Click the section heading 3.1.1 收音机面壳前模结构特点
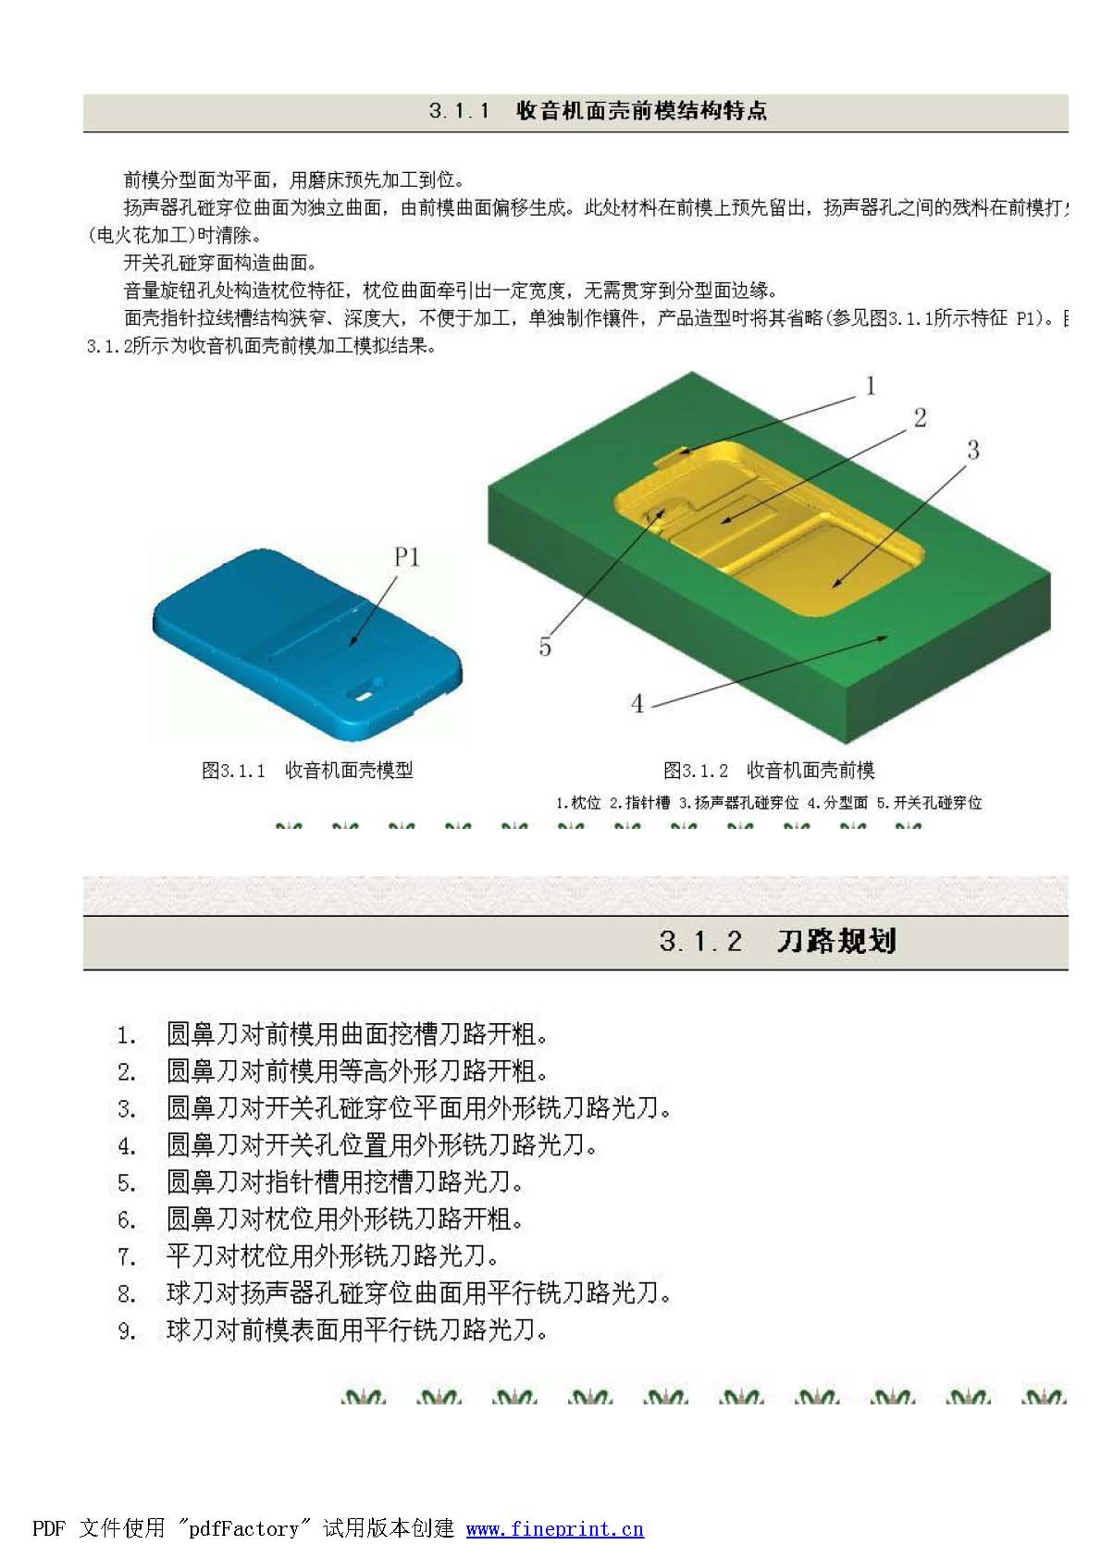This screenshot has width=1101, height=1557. coord(598,111)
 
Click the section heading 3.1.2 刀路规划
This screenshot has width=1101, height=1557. coord(777,942)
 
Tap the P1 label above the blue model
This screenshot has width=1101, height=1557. coord(407,557)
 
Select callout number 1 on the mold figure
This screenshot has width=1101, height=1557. coord(870,386)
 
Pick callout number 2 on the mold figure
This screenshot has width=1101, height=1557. coord(920,417)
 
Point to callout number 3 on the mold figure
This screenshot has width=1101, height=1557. coord(972,451)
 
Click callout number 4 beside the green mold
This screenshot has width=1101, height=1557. coord(637,704)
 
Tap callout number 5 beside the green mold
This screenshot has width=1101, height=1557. coord(545,647)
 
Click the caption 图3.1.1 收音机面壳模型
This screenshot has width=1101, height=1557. coord(307,770)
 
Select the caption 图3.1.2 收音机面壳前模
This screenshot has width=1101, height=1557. coord(769,770)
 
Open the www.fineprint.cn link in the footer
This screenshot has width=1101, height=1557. coord(554,1528)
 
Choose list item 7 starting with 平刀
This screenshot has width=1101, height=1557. coord(332,1255)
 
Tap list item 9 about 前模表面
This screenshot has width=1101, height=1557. coord(356,1329)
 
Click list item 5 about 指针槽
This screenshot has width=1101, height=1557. coord(344,1181)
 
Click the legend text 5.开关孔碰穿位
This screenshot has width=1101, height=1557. coord(929,802)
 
